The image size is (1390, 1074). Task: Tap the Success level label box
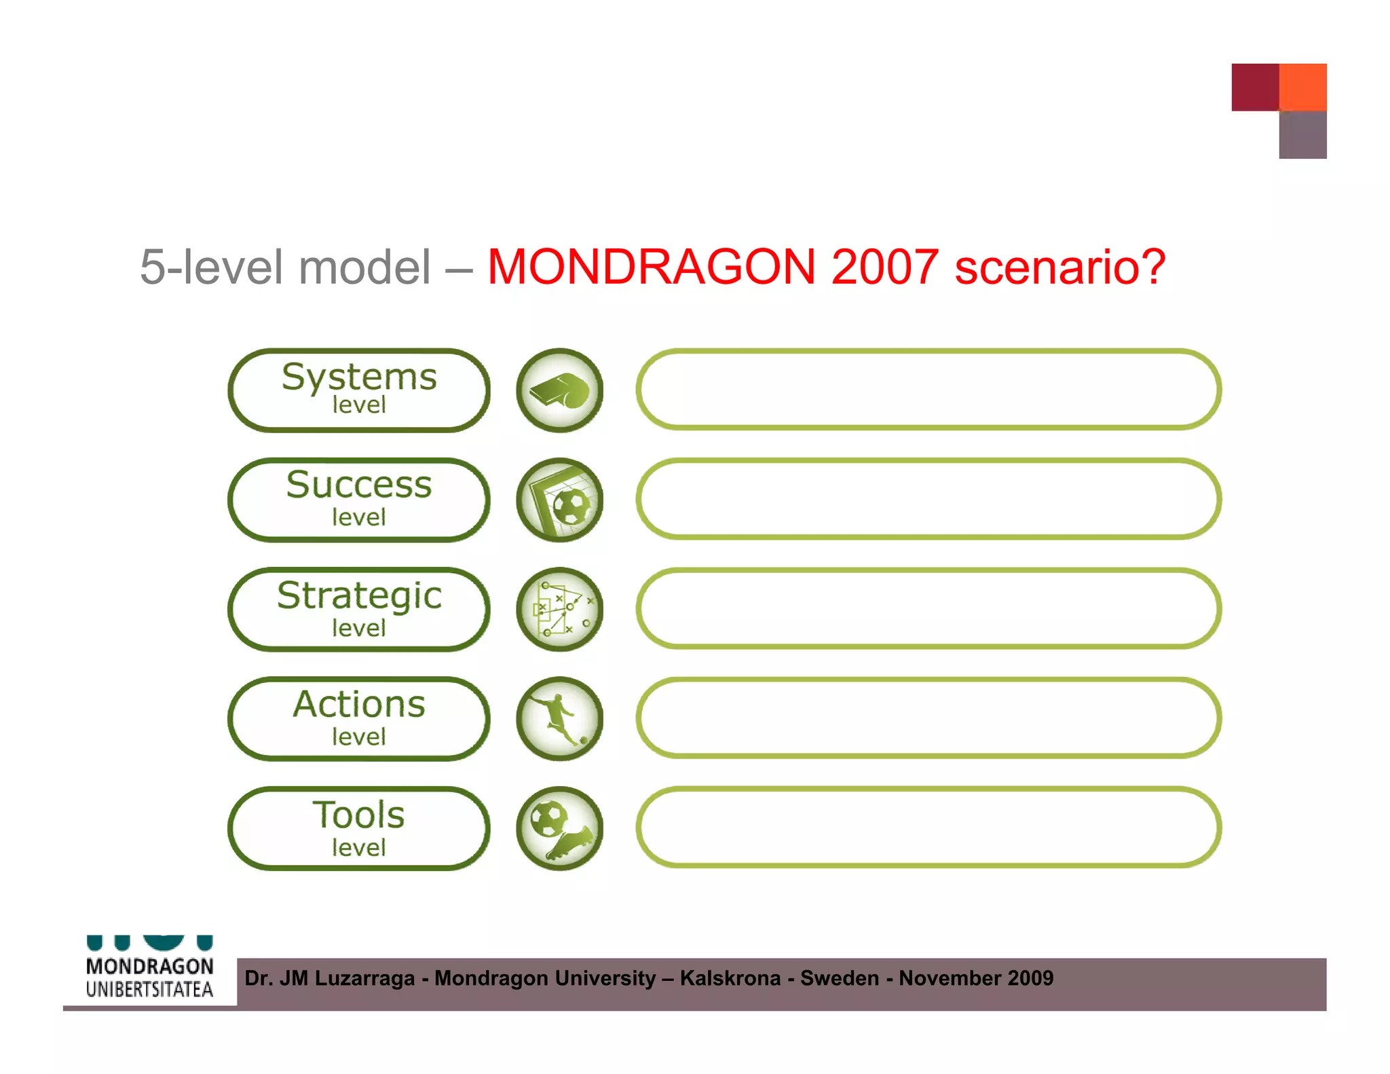coord(358,500)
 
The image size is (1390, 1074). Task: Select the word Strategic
coord(359,595)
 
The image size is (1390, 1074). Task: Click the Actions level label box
coord(358,718)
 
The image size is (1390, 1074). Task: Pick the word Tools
coord(358,815)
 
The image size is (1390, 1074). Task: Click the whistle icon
coord(559,390)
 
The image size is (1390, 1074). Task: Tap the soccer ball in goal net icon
coord(559,500)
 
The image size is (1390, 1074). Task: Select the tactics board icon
coord(559,609)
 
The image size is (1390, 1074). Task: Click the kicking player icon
coord(559,718)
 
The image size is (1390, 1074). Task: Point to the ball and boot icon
coord(559,828)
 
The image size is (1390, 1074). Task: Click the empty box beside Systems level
coord(928,390)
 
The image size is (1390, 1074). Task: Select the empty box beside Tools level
coord(928,828)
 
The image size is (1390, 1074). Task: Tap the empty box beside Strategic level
coord(928,608)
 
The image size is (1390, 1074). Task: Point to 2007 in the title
coord(884,266)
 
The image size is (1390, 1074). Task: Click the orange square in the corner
coord(1302,87)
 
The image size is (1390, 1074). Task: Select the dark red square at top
coord(1255,87)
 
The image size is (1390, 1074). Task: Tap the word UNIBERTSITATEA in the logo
coord(149,990)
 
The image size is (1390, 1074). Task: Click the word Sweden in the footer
coord(840,978)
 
